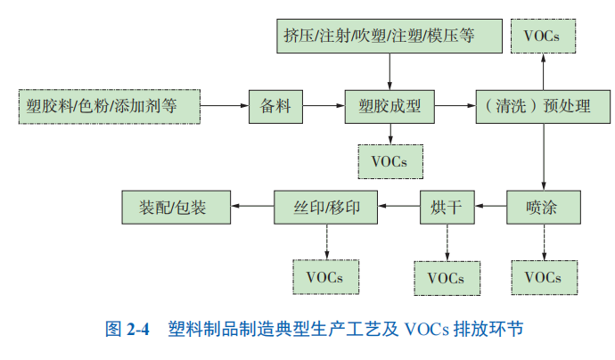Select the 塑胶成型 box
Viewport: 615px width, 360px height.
coord(389,106)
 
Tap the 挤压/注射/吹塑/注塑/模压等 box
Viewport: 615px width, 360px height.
coord(390,35)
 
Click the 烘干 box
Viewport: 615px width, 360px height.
coord(446,209)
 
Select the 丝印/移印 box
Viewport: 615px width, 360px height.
coord(326,209)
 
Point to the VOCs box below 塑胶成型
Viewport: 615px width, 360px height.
coord(389,161)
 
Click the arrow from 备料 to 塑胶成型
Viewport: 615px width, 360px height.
coord(320,106)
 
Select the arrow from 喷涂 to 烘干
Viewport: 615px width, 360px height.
coord(489,209)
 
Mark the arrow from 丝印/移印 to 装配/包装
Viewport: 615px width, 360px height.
coord(252,209)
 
